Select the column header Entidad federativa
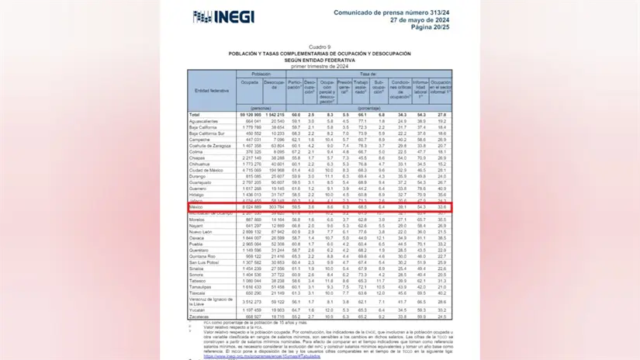(211, 91)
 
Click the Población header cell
(261, 72)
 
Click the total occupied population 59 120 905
(247, 115)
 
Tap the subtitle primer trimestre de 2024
(320, 64)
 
